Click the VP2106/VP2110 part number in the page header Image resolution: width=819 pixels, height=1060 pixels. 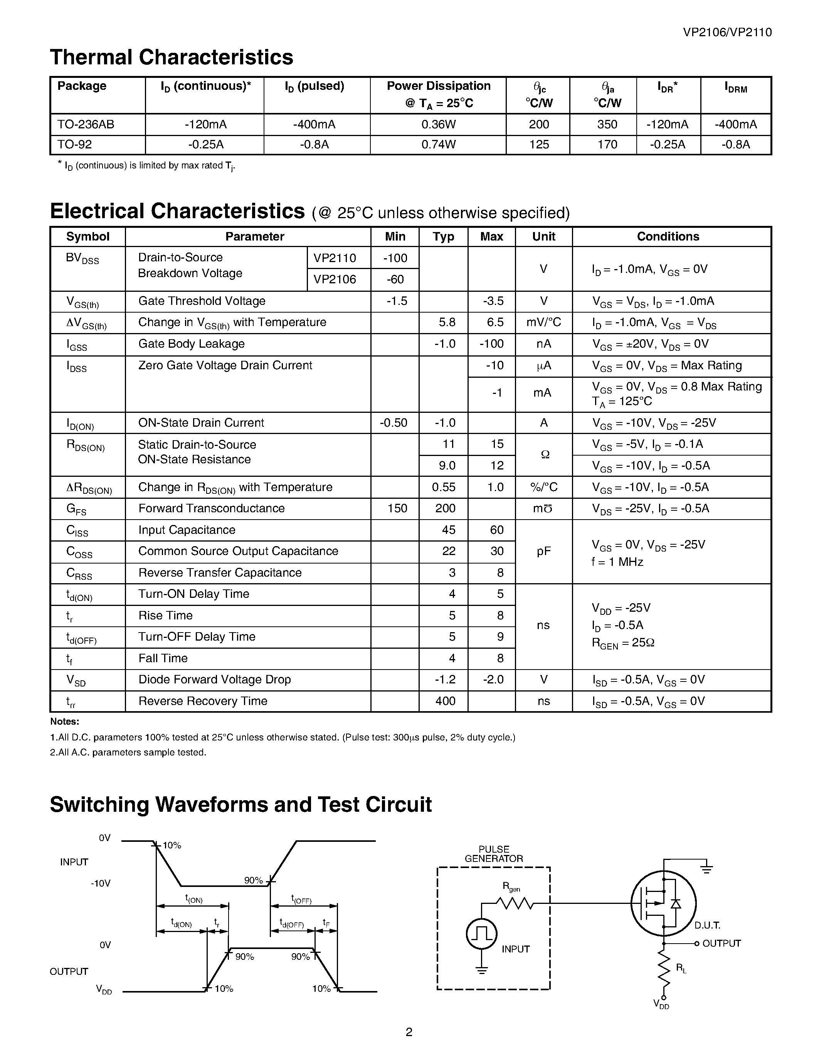727,32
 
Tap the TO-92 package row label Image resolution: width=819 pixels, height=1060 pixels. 75,145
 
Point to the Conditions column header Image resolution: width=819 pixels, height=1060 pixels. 668,236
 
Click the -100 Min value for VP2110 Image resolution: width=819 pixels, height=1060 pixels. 395,258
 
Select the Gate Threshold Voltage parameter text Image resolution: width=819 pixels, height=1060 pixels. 202,301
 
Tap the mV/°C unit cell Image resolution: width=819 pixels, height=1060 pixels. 543,322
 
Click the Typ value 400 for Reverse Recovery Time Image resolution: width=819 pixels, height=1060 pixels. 445,701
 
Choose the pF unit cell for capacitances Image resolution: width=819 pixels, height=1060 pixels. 543,551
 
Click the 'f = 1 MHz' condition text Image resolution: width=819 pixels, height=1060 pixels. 617,562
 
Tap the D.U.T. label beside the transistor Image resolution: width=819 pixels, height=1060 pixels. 707,925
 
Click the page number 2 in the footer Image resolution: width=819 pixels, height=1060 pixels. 409,1032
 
